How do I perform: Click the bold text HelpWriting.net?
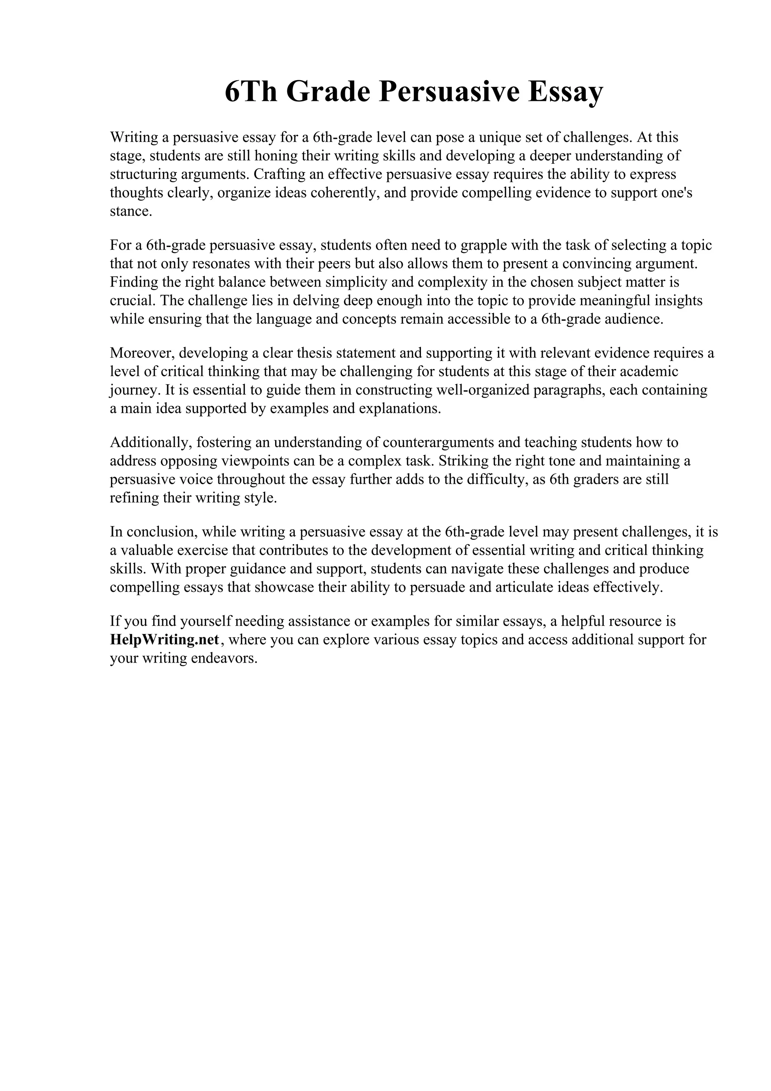[x=165, y=640]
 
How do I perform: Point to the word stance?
[x=131, y=212]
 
